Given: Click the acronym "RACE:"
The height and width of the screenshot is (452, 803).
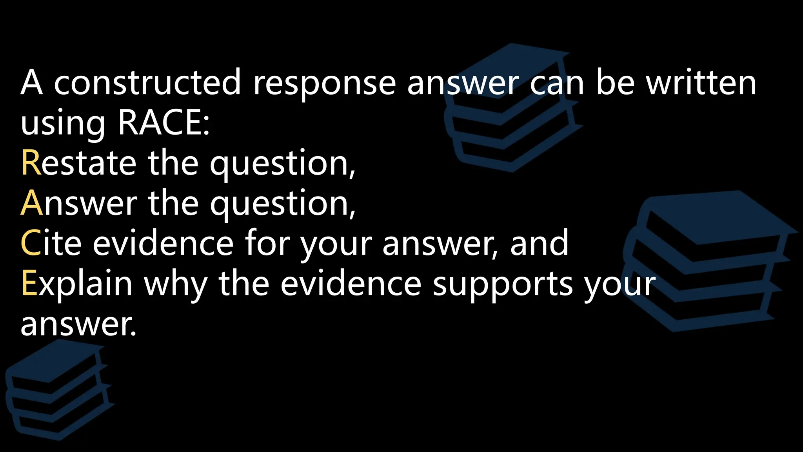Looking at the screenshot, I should coord(164,122).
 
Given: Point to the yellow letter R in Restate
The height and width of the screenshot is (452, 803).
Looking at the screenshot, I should coord(31,163).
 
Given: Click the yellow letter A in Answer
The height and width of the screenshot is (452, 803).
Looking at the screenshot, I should coord(31,203).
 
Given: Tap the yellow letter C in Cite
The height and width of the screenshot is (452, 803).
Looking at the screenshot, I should coord(31,243).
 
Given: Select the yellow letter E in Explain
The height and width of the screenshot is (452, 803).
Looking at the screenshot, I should coord(29,283).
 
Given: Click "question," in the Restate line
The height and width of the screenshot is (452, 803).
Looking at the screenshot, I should coord(283,164).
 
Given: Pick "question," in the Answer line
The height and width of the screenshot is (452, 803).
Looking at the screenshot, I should coord(283,204).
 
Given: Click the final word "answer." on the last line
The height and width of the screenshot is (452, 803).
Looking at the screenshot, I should coord(78,325).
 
